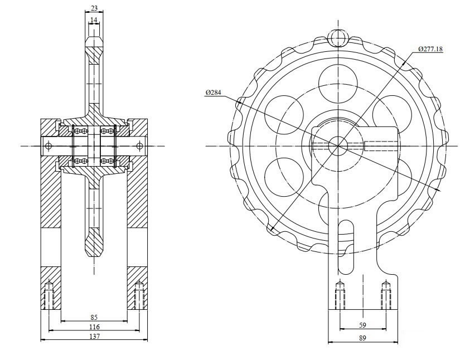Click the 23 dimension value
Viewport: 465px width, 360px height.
click(x=93, y=8)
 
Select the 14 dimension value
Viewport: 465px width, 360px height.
click(x=93, y=20)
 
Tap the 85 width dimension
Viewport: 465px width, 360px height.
click(x=93, y=317)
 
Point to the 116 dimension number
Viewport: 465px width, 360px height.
click(x=93, y=327)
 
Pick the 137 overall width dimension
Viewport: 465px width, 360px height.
click(x=93, y=336)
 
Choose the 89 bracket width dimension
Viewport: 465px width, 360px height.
click(x=362, y=337)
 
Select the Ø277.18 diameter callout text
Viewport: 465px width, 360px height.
click(x=430, y=49)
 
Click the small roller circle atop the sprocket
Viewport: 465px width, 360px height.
click(x=338, y=37)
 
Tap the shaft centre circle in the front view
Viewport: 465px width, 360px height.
click(x=338, y=146)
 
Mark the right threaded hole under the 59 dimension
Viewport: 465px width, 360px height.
click(x=385, y=295)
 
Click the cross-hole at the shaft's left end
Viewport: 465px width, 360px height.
click(x=49, y=146)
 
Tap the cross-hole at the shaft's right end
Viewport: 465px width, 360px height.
click(x=138, y=146)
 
